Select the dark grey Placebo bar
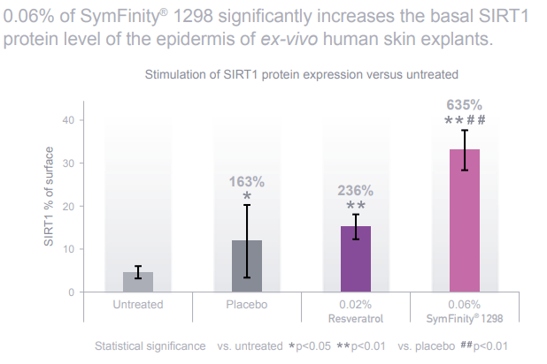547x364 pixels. click(247, 266)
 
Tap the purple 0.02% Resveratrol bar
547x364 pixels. click(356, 259)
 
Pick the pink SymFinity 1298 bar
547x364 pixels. click(465, 221)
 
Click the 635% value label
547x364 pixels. click(465, 104)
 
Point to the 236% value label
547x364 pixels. click(356, 190)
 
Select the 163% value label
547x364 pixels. click(247, 182)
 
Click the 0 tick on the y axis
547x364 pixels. click(80, 292)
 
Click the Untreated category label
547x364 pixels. click(137, 305)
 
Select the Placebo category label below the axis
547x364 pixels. click(247, 305)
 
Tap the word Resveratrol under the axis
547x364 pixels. click(356, 317)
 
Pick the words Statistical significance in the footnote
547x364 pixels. click(150, 345)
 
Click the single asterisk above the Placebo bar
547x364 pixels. click(247, 197)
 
